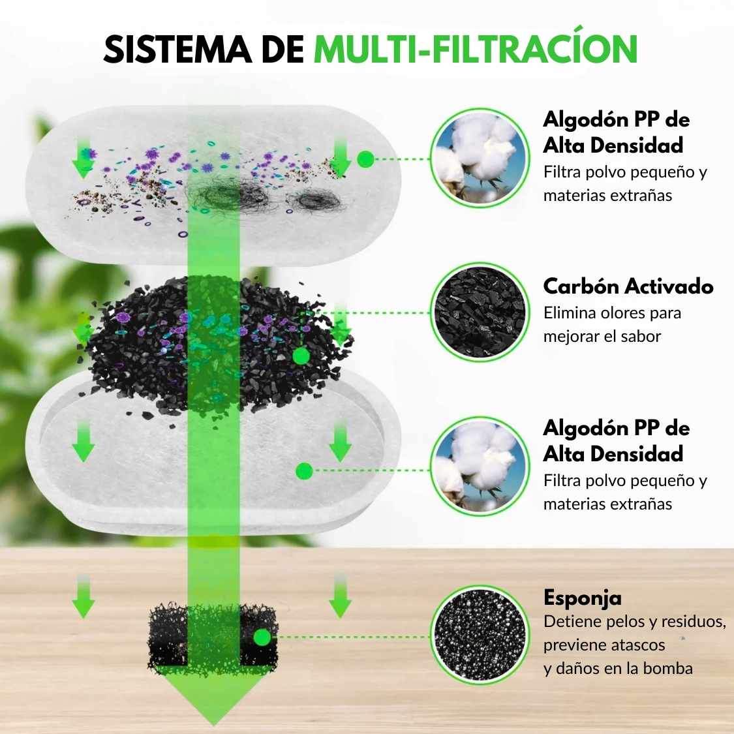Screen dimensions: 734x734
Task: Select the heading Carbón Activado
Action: [x=628, y=286]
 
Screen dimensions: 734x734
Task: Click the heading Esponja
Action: [x=582, y=598]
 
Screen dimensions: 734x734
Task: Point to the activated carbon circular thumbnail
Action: [x=480, y=313]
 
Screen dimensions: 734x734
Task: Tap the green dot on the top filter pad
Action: [x=366, y=159]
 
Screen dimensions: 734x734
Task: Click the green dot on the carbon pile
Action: [x=300, y=356]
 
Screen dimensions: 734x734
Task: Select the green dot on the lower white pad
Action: [x=303, y=470]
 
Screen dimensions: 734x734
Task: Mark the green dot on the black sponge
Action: [x=262, y=637]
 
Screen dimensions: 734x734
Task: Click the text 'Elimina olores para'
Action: [x=612, y=313]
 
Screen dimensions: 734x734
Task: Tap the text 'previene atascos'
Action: [x=604, y=645]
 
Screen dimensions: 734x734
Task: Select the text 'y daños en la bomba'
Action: [x=618, y=668]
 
